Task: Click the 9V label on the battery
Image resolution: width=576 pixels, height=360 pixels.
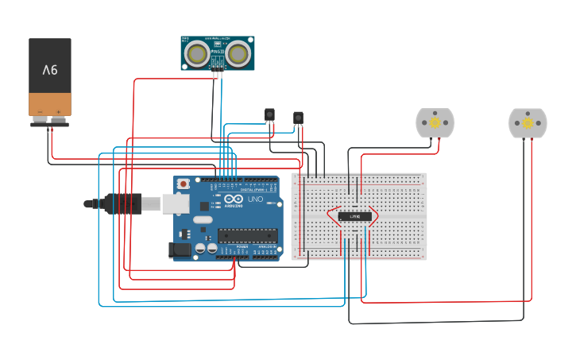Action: (50, 70)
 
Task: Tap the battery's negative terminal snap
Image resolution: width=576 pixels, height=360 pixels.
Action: (40, 119)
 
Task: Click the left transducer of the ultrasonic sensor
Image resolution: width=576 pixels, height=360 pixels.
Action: (197, 53)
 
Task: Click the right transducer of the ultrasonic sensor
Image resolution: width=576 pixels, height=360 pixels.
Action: (238, 53)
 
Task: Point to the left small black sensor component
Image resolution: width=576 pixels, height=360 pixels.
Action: (269, 115)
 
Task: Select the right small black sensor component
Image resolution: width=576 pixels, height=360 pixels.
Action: (298, 118)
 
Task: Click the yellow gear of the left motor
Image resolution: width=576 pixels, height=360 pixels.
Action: (435, 123)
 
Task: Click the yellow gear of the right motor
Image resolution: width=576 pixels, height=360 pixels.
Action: (528, 123)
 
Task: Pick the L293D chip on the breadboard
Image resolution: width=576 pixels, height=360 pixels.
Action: (355, 216)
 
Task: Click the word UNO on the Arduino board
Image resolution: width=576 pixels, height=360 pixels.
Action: (256, 199)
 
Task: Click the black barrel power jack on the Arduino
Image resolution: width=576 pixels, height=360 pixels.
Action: (181, 250)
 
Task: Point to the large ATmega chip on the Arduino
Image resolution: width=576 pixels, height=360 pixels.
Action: (248, 234)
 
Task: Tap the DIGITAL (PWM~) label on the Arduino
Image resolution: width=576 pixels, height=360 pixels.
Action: (253, 191)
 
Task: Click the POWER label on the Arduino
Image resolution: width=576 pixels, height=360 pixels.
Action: (242, 246)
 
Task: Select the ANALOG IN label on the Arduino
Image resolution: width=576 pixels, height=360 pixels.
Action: (266, 246)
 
